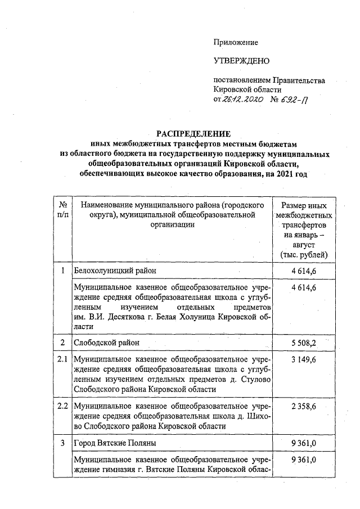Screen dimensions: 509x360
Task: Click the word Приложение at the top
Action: (x=236, y=42)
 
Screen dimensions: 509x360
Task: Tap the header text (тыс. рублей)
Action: (x=304, y=255)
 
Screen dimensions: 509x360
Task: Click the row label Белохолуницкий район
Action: (x=115, y=271)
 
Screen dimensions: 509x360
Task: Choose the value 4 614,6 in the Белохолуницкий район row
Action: (x=304, y=271)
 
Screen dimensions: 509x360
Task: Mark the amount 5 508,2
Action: (x=304, y=342)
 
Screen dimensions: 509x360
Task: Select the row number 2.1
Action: (x=63, y=358)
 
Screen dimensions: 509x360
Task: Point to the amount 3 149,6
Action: (x=304, y=358)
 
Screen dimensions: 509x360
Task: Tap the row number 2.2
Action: (x=63, y=405)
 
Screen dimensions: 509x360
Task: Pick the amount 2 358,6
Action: (x=304, y=405)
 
